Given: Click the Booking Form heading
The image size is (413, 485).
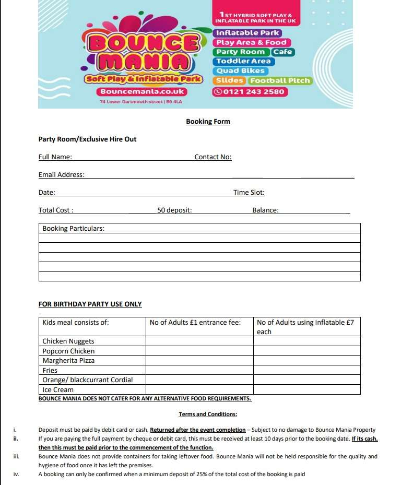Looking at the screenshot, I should [x=208, y=122].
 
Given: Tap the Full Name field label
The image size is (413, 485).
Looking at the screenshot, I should [x=55, y=157].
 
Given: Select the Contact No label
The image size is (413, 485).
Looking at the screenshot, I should [x=213, y=157].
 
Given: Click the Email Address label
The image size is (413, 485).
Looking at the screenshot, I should [x=61, y=175].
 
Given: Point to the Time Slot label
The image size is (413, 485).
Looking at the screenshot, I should [x=249, y=193].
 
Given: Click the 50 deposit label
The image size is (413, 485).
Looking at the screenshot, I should [x=174, y=210].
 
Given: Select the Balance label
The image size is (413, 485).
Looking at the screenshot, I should [x=265, y=210].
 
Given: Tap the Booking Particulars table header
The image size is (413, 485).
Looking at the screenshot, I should [x=73, y=229].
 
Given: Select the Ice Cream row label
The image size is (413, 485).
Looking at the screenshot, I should [x=58, y=390].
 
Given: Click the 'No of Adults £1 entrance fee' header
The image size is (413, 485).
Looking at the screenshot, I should [x=195, y=323].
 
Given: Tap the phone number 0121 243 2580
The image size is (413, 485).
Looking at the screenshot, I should [x=250, y=92].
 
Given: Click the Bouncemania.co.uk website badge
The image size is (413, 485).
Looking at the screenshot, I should [x=142, y=91].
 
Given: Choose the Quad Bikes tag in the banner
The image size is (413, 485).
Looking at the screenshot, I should [x=240, y=71].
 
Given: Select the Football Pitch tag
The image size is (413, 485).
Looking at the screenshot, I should [x=280, y=80].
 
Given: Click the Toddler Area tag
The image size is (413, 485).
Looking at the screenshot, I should [x=243, y=62].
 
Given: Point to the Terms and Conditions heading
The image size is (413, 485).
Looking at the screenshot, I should [x=208, y=415].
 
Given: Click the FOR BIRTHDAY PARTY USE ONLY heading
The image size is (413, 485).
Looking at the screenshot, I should [x=90, y=304].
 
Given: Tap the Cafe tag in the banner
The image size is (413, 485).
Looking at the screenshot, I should [x=283, y=52].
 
